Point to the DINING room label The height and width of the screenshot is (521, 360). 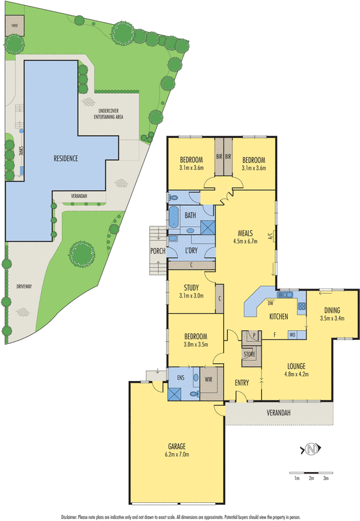pyautogui.click(x=332, y=310)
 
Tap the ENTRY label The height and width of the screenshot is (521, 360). pyautogui.click(x=243, y=382)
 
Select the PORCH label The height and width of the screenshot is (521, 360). pyautogui.click(x=157, y=251)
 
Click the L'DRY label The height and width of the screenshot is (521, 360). pyautogui.click(x=191, y=251)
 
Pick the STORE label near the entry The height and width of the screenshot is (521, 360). pyautogui.click(x=249, y=354)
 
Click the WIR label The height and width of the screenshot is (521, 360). pyautogui.click(x=210, y=378)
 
